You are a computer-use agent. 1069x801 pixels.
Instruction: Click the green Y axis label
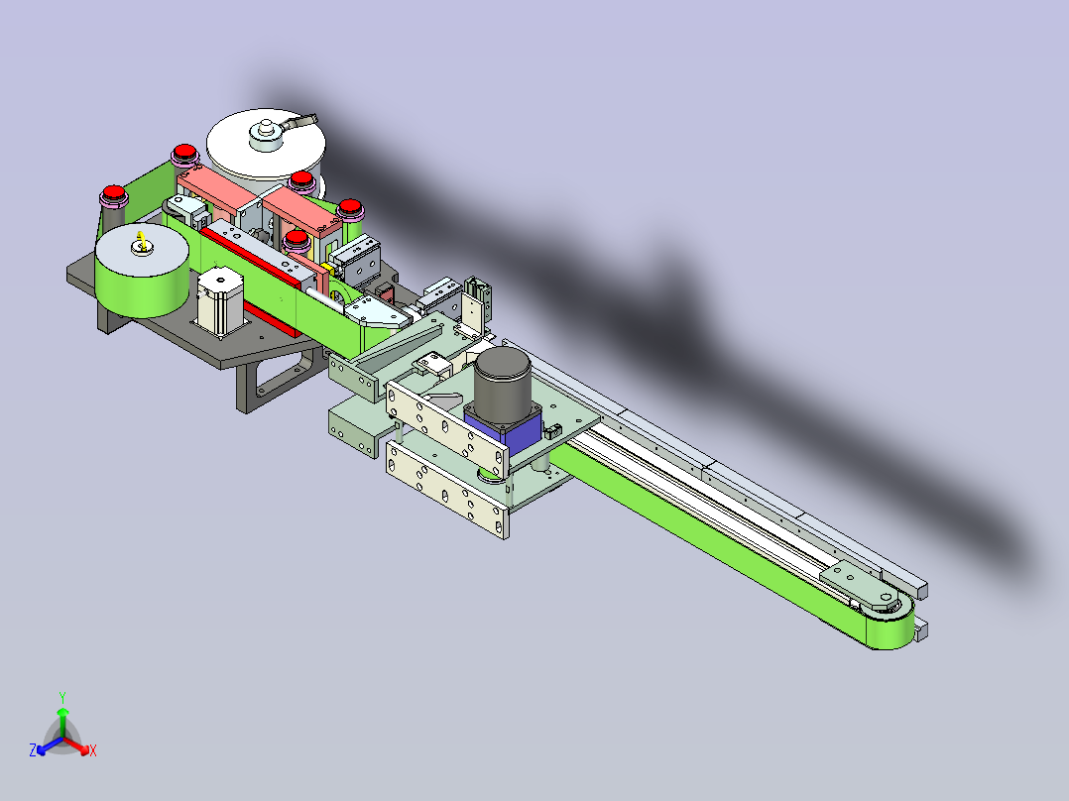pyautogui.click(x=62, y=697)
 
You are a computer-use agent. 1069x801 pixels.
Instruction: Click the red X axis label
pyautogui.click(x=93, y=750)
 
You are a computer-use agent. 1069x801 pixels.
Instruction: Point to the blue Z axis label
pyautogui.click(x=32, y=749)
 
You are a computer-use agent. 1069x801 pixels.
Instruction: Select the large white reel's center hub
pyautogui.click(x=266, y=134)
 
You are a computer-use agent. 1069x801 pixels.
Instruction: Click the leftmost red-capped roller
pyautogui.click(x=113, y=195)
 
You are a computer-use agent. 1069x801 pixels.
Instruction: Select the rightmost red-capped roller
pyautogui.click(x=350, y=208)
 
